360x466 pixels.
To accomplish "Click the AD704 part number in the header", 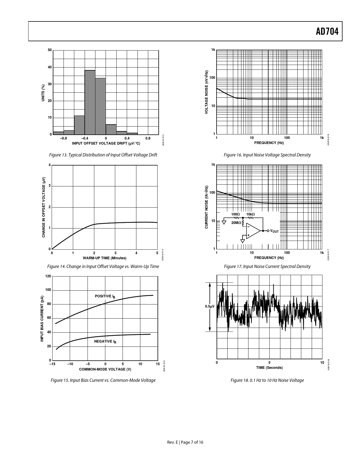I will [x=327, y=32].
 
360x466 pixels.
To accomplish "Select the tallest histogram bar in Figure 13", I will [x=90, y=102].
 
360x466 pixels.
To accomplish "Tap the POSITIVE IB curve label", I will [x=105, y=296].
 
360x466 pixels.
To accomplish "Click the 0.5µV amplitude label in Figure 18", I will [x=210, y=306].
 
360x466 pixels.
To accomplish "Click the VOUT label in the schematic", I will [x=274, y=231].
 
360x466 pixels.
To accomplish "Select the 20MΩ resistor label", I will [x=236, y=223].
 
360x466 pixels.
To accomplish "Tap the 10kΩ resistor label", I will [x=250, y=214].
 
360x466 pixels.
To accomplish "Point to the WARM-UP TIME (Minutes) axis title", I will [x=104, y=258].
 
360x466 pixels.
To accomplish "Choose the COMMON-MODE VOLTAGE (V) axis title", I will [x=105, y=369].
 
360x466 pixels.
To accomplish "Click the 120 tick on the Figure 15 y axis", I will [x=48, y=276].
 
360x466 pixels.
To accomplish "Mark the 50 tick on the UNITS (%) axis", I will [x=50, y=50].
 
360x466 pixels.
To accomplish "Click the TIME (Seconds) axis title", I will [x=269, y=367].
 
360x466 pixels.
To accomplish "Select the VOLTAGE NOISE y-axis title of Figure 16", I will [x=206, y=92].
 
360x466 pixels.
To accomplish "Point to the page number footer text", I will [x=185, y=442].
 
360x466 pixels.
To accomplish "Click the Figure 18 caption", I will [x=267, y=380].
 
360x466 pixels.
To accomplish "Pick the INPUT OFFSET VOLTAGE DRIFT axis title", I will [x=106, y=143].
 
